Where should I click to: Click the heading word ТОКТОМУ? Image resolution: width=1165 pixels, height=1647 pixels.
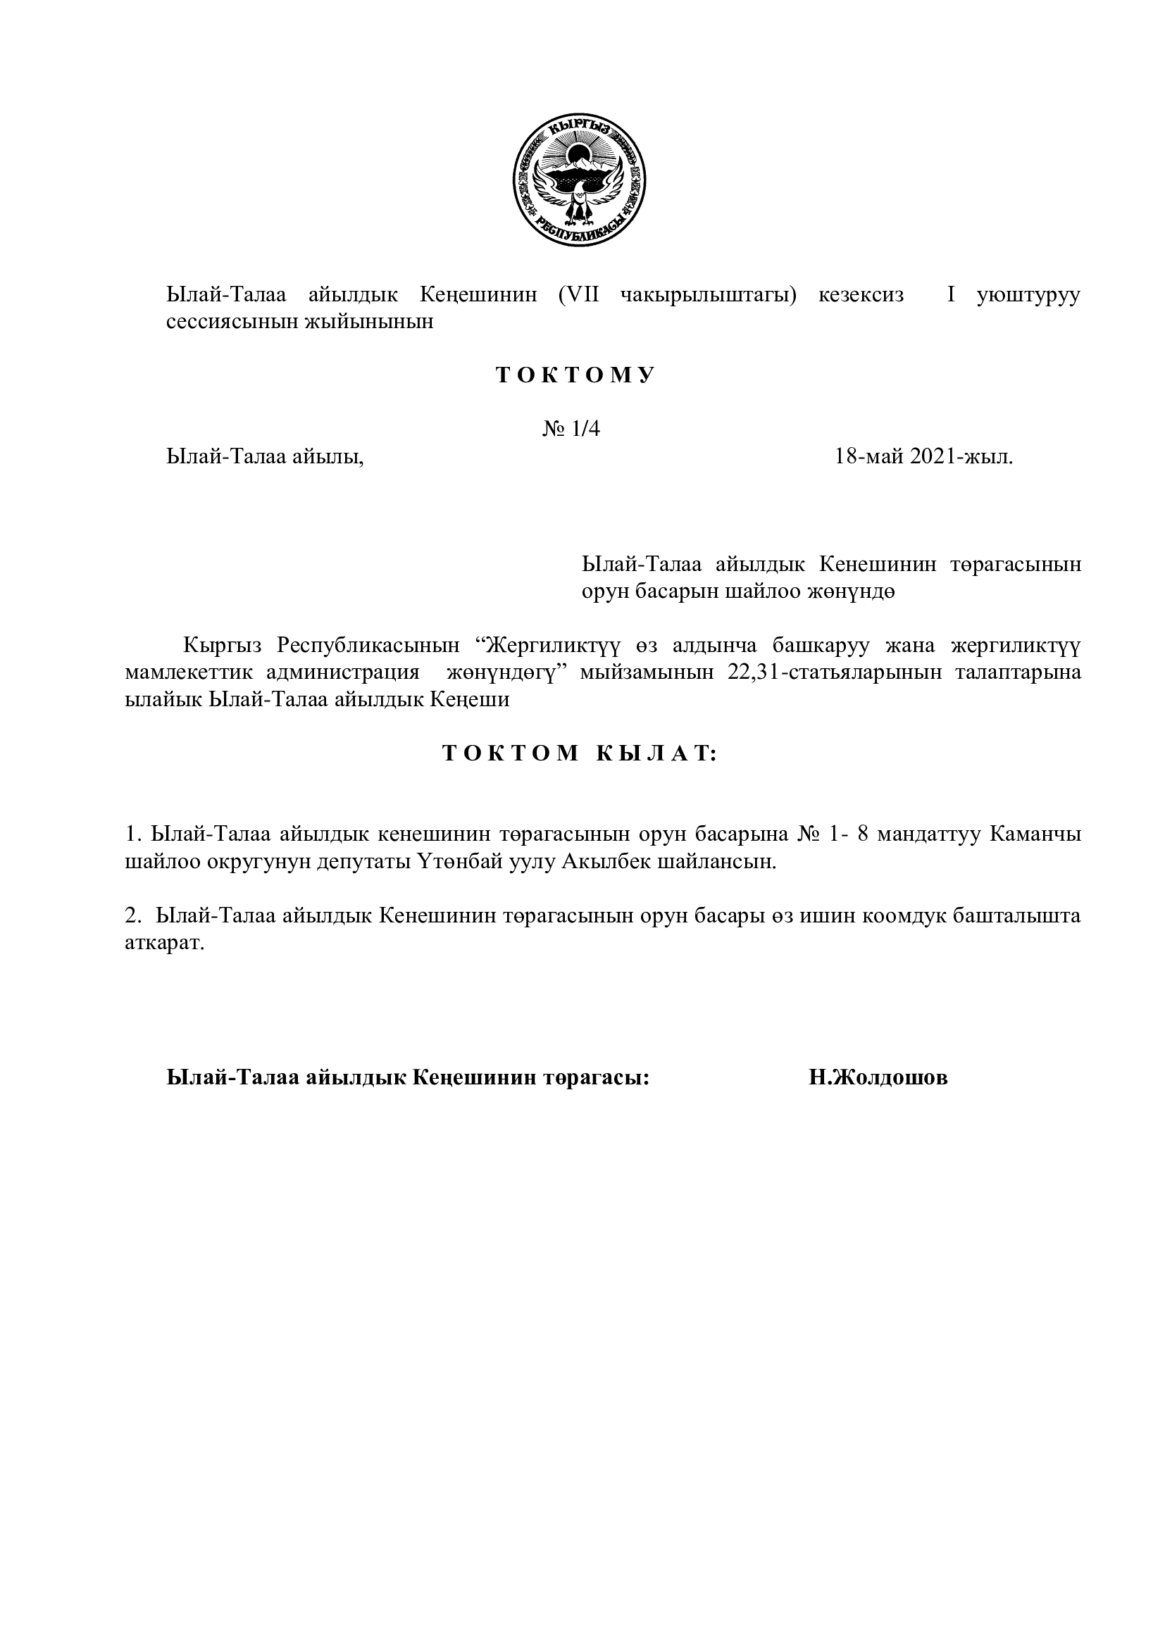pos(575,375)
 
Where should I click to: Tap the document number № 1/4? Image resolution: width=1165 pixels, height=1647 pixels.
pos(571,429)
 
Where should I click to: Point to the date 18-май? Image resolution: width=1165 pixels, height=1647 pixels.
pos(868,456)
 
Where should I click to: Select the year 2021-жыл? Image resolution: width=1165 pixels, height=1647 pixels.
pos(961,456)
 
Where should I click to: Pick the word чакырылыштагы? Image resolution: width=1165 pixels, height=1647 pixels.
pos(707,295)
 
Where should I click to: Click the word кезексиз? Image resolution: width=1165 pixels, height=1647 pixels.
pos(861,295)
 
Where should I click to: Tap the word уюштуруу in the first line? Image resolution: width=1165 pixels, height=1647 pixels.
pos(1027,295)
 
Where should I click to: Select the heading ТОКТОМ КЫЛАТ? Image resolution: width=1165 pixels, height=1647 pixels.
pos(580,753)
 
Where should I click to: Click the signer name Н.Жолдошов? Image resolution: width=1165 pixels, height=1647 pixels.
pos(878,1077)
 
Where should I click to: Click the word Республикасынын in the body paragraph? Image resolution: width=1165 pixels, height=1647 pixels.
pos(368,646)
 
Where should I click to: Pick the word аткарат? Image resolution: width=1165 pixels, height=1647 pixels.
pos(165,944)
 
